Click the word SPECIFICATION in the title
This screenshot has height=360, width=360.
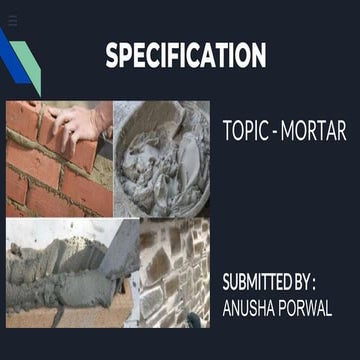click(185, 56)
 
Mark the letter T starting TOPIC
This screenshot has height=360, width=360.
click(227, 131)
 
